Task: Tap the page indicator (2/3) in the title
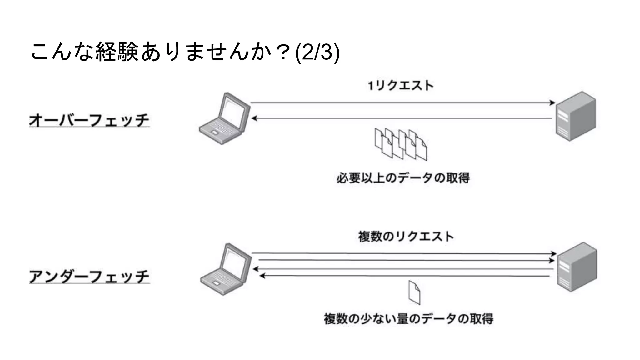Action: tap(317, 52)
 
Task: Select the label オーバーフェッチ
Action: tap(89, 120)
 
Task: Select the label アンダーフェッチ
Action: tap(89, 277)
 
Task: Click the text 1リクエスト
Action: tap(401, 86)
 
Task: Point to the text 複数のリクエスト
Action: tap(406, 237)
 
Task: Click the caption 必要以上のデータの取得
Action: tap(403, 178)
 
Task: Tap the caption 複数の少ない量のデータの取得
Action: tap(408, 319)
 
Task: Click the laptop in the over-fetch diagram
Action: tap(225, 119)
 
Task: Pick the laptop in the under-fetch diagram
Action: tap(226, 269)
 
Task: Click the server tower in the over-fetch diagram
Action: tap(576, 116)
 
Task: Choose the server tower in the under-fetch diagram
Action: tap(577, 267)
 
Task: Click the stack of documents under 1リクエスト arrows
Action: tap(401, 144)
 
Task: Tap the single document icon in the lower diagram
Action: tap(414, 292)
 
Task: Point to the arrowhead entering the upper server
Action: tap(552, 102)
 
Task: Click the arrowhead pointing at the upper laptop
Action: tap(254, 118)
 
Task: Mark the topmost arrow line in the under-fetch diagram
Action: tap(403, 253)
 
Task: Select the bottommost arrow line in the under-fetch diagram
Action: tap(405, 276)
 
